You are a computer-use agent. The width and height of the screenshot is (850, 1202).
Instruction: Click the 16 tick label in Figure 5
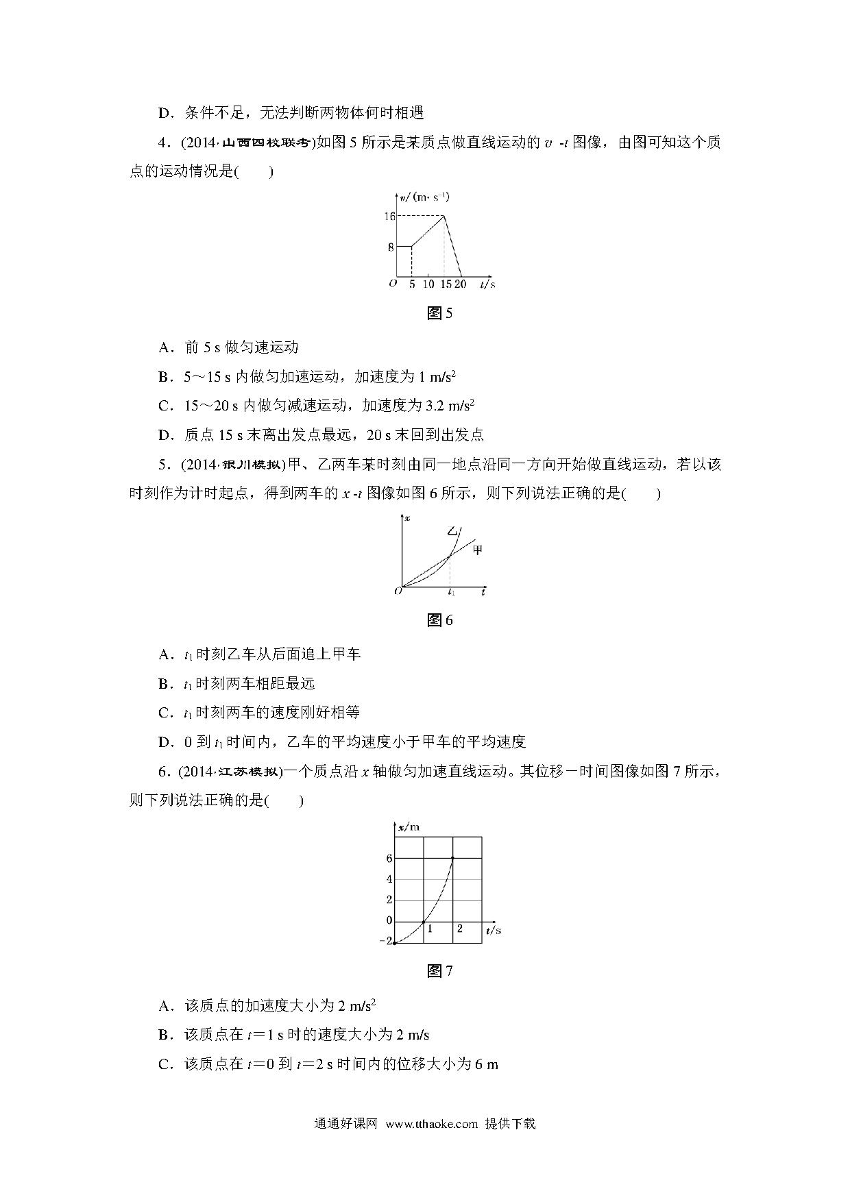tap(389, 216)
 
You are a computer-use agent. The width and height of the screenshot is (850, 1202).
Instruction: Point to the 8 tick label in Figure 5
tap(391, 247)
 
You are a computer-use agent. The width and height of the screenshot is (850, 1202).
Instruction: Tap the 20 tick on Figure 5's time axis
tap(461, 284)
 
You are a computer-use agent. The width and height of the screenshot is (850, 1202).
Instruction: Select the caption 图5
tap(439, 314)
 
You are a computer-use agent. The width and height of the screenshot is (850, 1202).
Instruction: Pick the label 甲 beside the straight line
tap(478, 549)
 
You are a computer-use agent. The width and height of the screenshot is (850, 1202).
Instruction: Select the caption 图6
tap(439, 621)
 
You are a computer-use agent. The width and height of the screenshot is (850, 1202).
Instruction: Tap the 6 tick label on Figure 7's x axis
tap(389, 858)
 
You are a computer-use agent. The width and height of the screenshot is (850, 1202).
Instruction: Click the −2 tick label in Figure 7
tap(386, 942)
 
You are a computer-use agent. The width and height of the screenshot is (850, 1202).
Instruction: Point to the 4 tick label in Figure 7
tap(389, 879)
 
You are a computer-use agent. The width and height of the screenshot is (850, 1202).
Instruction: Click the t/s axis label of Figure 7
tap(493, 930)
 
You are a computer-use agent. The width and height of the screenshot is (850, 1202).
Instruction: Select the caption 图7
tap(439, 971)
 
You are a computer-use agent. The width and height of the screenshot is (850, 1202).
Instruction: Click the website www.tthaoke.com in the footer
tap(431, 1124)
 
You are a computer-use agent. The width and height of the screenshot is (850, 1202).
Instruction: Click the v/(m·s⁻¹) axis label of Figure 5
tap(424, 197)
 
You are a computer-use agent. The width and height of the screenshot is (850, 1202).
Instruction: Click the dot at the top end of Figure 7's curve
tap(452, 858)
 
